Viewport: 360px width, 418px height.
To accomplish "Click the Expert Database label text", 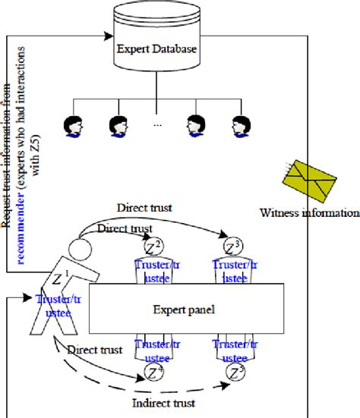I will point(157,49).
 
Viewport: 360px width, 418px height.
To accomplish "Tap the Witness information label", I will point(307,212).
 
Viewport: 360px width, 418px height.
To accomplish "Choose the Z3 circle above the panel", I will point(234,247).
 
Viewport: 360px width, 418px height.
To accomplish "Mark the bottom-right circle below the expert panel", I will point(236,372).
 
